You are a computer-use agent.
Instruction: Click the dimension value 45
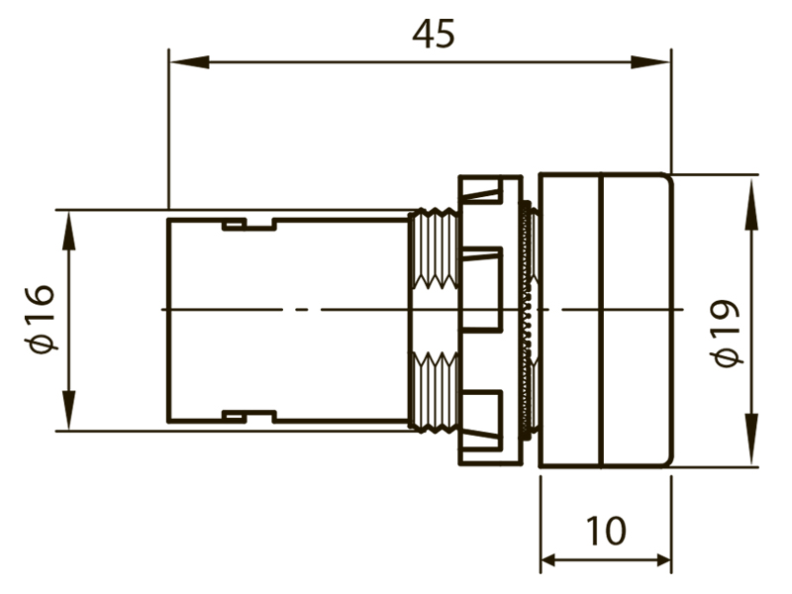(434, 35)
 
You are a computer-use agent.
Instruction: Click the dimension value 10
(606, 531)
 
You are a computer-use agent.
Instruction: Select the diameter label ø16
(40, 319)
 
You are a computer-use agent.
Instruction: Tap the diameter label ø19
(726, 333)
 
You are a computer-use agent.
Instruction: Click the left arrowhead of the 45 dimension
(189, 62)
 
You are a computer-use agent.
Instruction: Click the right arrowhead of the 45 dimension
(650, 62)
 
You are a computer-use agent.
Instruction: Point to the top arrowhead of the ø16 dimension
(68, 231)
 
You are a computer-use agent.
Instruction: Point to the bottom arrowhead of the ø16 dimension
(68, 410)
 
